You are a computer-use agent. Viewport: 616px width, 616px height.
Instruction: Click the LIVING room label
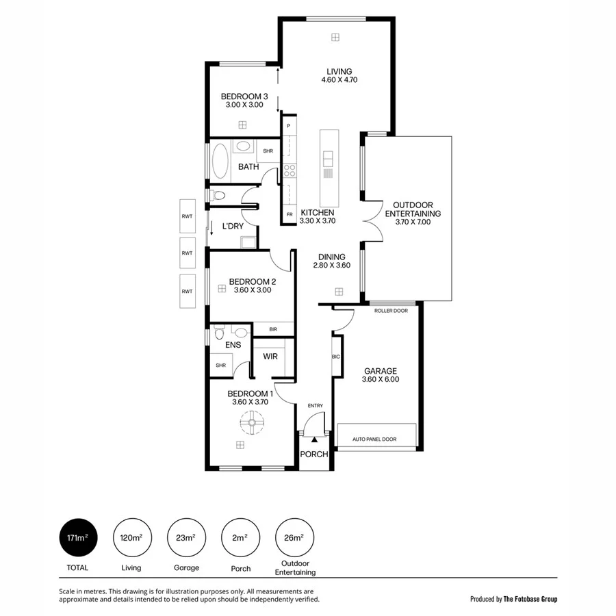[339, 71]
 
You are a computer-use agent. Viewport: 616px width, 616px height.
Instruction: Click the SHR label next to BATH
[268, 151]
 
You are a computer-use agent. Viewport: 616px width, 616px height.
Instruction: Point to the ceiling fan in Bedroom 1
[252, 425]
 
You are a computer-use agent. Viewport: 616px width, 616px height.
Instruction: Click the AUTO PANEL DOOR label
[374, 439]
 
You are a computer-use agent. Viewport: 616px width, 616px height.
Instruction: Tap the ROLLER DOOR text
[391, 310]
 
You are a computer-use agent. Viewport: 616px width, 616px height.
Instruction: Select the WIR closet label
[270, 356]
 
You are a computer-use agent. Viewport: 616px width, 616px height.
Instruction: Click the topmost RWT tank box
[187, 216]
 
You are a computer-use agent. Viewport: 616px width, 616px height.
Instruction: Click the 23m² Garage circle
[186, 537]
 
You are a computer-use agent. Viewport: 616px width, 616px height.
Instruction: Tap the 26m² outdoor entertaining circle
[294, 537]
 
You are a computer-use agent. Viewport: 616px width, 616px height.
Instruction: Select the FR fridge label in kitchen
[290, 214]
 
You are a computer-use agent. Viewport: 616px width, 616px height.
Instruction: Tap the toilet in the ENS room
[220, 334]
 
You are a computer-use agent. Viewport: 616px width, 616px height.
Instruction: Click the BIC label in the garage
[336, 357]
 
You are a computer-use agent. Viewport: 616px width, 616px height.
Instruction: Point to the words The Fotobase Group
[530, 599]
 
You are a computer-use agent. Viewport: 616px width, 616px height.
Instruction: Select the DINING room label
[332, 257]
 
